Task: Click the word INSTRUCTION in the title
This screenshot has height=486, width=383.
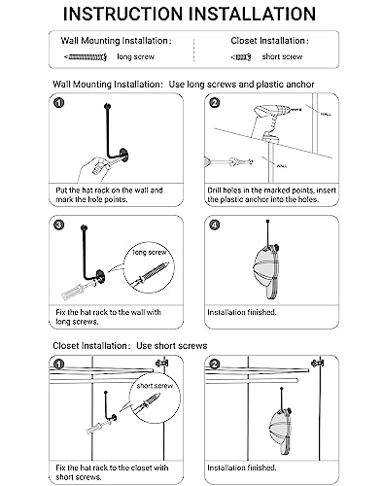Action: (x=122, y=14)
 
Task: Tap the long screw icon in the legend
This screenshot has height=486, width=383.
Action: (x=86, y=57)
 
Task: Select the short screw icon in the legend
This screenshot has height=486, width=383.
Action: (x=241, y=57)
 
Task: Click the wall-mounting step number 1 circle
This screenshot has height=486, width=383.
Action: (x=59, y=103)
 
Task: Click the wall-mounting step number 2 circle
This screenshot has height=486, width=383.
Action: (x=215, y=103)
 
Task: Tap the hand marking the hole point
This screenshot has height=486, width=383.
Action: (x=94, y=168)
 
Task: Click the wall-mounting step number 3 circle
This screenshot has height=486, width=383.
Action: (x=58, y=225)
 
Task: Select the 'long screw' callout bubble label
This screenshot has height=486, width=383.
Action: (x=150, y=252)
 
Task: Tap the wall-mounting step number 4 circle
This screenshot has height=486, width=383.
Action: (x=215, y=225)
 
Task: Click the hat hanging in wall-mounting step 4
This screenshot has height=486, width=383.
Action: (x=266, y=271)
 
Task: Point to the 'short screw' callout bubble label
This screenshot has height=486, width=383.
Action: (x=155, y=386)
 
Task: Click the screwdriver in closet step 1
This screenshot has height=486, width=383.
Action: (x=96, y=427)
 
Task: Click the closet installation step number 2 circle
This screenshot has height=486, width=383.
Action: (x=214, y=364)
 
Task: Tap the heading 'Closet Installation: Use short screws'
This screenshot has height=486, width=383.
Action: (x=130, y=346)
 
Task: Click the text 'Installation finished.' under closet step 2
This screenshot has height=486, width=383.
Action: (x=242, y=468)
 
